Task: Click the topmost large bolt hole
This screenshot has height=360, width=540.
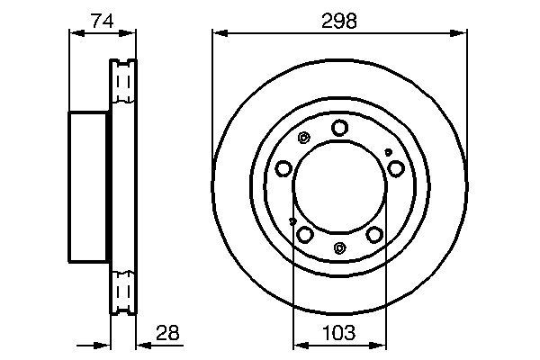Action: point(339,128)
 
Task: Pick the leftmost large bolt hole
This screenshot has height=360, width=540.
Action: point(284,168)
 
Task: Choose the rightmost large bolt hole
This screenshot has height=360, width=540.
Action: point(395,167)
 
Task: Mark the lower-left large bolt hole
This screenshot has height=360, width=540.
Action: point(305,234)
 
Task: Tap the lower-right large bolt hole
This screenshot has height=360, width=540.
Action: point(374,234)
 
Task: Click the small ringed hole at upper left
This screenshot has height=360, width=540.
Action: point(302,138)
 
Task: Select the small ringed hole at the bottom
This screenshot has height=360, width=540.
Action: point(339,247)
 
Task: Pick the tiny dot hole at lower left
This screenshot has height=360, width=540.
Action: point(292,219)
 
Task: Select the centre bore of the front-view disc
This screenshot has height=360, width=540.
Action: point(339,184)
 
